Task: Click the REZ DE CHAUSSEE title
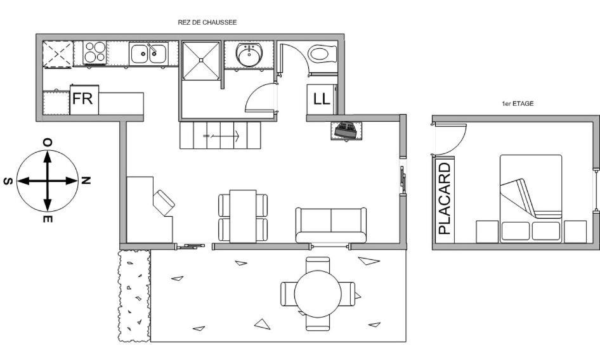pos(207,23)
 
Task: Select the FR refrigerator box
pos(84,100)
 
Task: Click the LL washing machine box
pos(322,100)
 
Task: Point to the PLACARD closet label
pos(445,198)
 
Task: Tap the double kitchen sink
pos(148,53)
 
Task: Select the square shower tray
pos(201,60)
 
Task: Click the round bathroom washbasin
pos(249,55)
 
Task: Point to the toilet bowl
pos(323,54)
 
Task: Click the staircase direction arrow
pos(221,136)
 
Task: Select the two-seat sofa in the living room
pos(331,225)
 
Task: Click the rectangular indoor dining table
pos(243,216)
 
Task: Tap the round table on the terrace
pos(318,294)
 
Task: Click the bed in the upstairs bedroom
pos(531,198)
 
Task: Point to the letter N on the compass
pos(86,181)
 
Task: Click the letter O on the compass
pos(48,143)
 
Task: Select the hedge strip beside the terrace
pos(134,296)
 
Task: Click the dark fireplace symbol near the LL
pos(346,130)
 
